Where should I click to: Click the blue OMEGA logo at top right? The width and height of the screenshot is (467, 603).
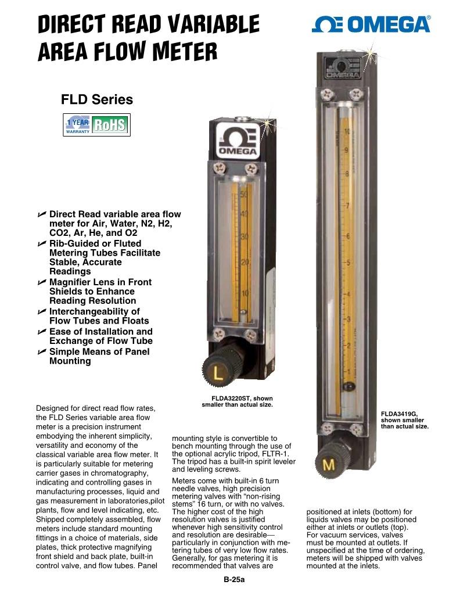[371, 24]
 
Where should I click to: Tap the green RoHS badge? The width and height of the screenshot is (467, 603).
[110, 125]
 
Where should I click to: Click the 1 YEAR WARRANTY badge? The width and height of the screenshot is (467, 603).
[78, 125]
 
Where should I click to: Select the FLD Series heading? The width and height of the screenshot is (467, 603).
[97, 99]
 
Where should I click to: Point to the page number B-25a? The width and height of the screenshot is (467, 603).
[234, 580]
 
